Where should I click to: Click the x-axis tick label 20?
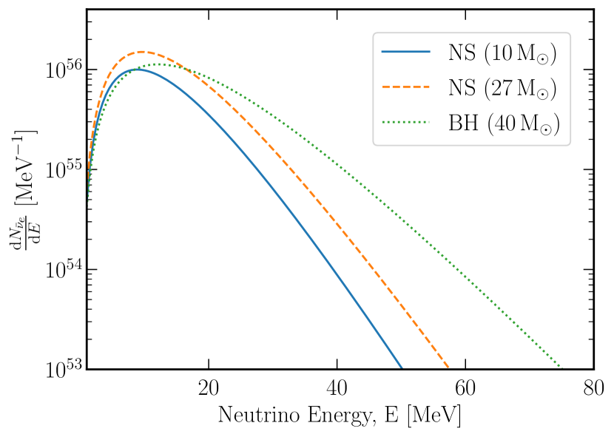coord(209,387)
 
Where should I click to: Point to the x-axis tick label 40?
coord(337,387)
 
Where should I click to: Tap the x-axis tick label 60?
coord(465,387)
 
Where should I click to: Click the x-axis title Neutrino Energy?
coord(340,415)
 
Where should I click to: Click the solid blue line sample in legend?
coord(405,52)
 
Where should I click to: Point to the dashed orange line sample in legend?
coord(405,88)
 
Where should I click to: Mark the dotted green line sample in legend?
coord(405,123)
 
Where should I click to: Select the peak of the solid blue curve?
coord(136,69)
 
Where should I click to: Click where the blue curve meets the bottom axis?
coord(402,368)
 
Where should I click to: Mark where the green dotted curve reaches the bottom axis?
coord(561,368)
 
